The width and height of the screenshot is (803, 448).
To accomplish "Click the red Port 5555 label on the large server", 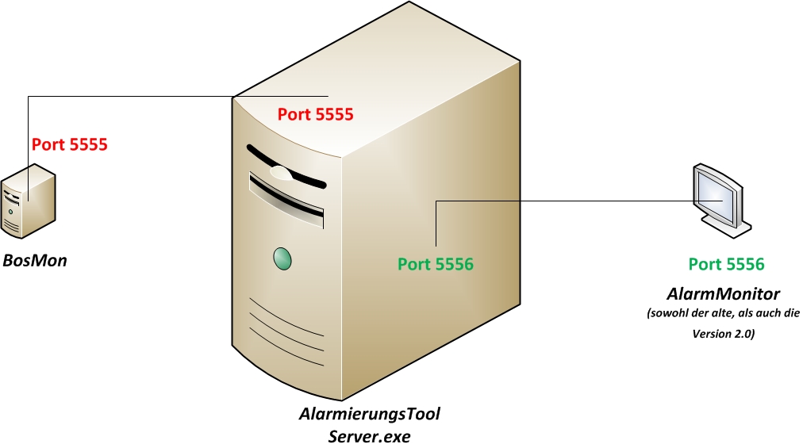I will (x=315, y=114).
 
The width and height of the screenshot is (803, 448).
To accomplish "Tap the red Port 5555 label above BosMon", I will (x=69, y=145).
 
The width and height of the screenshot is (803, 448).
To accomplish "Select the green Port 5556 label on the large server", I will (x=435, y=264).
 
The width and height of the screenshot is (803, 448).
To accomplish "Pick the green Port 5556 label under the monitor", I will (x=726, y=264).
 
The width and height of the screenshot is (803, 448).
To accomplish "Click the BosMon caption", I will (x=35, y=260).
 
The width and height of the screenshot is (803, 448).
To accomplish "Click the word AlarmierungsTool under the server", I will (x=370, y=415).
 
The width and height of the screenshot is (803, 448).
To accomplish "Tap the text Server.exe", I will (x=370, y=435).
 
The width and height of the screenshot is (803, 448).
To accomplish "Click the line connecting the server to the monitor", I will (x=571, y=201).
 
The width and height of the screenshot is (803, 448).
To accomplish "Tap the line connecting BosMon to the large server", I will (x=127, y=97).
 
